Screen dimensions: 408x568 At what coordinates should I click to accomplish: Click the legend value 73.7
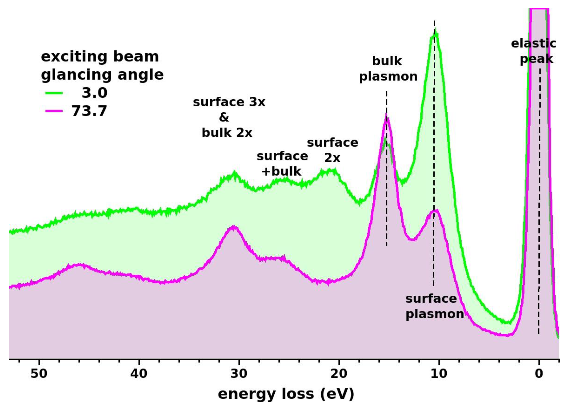pos(89,111)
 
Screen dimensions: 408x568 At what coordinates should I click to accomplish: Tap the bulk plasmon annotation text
pos(388,69)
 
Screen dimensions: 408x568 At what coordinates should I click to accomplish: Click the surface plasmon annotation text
pos(435,306)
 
